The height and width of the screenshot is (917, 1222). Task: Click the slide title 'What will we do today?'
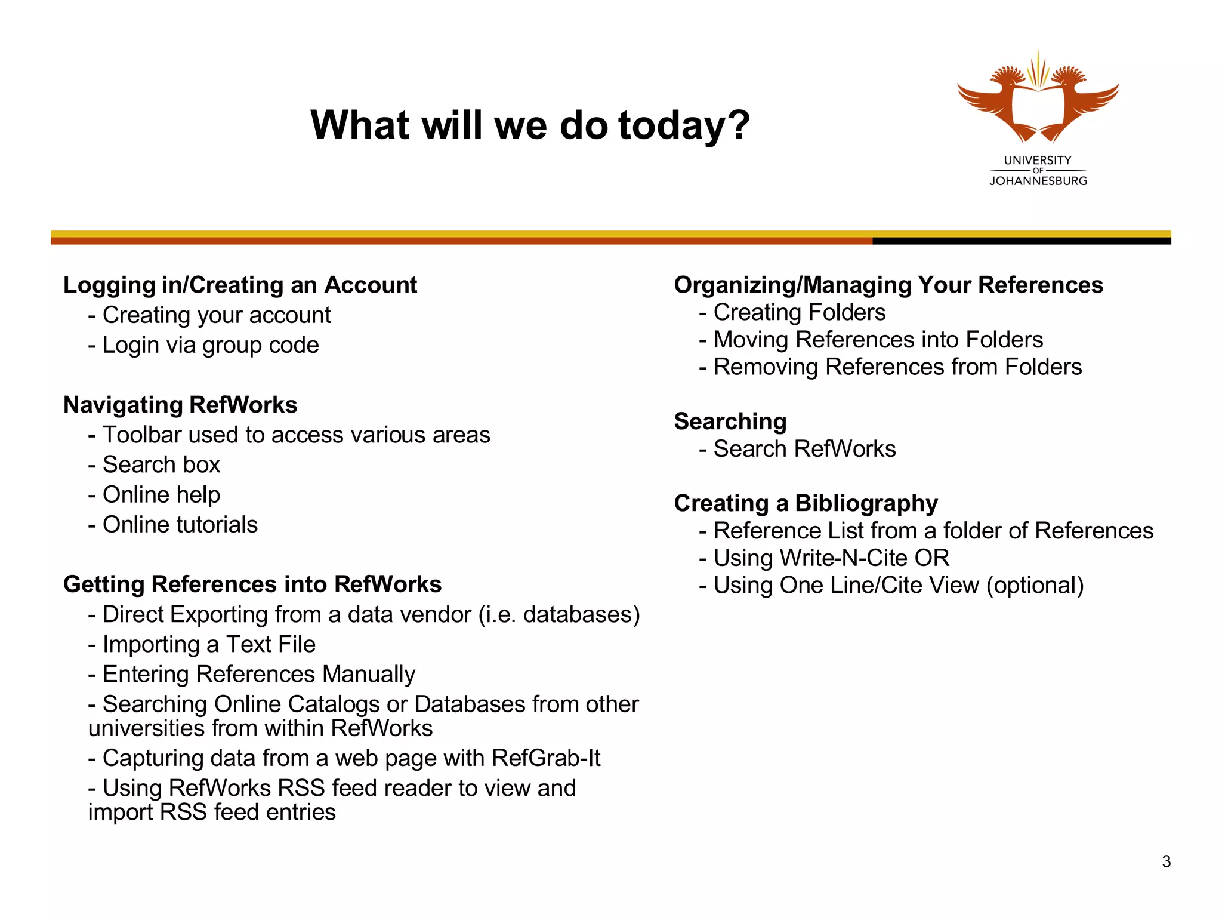tap(530, 125)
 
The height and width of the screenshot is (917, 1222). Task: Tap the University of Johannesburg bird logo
tap(1038, 99)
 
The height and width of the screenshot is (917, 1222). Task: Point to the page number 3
tap(1166, 861)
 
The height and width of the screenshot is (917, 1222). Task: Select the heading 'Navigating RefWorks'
tap(180, 405)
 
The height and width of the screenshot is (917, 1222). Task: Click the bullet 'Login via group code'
tap(210, 345)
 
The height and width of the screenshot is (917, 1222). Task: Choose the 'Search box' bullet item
tap(161, 464)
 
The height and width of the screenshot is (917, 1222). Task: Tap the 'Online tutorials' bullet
tap(180, 525)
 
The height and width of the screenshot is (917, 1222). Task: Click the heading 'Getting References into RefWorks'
tap(252, 584)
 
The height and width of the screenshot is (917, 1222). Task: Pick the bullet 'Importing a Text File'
tap(209, 644)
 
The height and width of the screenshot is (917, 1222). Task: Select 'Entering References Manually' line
tap(258, 674)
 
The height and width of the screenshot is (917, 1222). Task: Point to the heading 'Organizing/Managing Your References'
tap(888, 285)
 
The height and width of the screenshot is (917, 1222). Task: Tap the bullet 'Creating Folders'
tap(799, 312)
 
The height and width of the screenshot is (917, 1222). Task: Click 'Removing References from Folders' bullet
tap(897, 367)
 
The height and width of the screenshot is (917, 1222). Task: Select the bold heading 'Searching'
tap(730, 421)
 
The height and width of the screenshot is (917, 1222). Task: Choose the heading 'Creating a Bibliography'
tap(806, 503)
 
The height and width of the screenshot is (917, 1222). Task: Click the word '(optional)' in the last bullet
tap(1035, 586)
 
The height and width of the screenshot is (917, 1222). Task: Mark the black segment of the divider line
tap(1022, 241)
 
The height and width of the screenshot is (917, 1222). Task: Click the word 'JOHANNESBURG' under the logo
tap(1038, 181)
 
